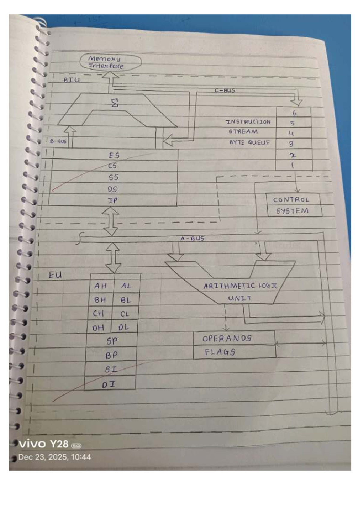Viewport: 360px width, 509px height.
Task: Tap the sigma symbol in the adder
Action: [115, 103]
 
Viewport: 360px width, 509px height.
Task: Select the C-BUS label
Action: [225, 90]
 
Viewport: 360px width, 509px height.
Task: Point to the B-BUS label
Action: [58, 141]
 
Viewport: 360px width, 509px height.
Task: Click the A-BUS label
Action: [192, 238]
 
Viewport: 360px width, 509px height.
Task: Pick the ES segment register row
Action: [114, 155]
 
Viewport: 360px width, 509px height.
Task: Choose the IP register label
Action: [113, 200]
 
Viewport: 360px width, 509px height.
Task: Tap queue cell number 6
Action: [294, 113]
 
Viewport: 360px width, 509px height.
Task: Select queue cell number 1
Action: [293, 165]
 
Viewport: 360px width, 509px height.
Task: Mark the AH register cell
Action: [101, 286]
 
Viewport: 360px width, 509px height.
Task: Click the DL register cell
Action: [123, 327]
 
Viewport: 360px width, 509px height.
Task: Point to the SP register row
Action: [112, 341]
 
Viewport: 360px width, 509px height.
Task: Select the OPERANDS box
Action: [227, 338]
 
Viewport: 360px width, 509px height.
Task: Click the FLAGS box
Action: [220, 352]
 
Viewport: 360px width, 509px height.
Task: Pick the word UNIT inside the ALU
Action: [239, 298]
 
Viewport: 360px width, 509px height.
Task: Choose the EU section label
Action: [55, 275]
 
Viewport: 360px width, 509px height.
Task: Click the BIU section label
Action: [72, 80]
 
